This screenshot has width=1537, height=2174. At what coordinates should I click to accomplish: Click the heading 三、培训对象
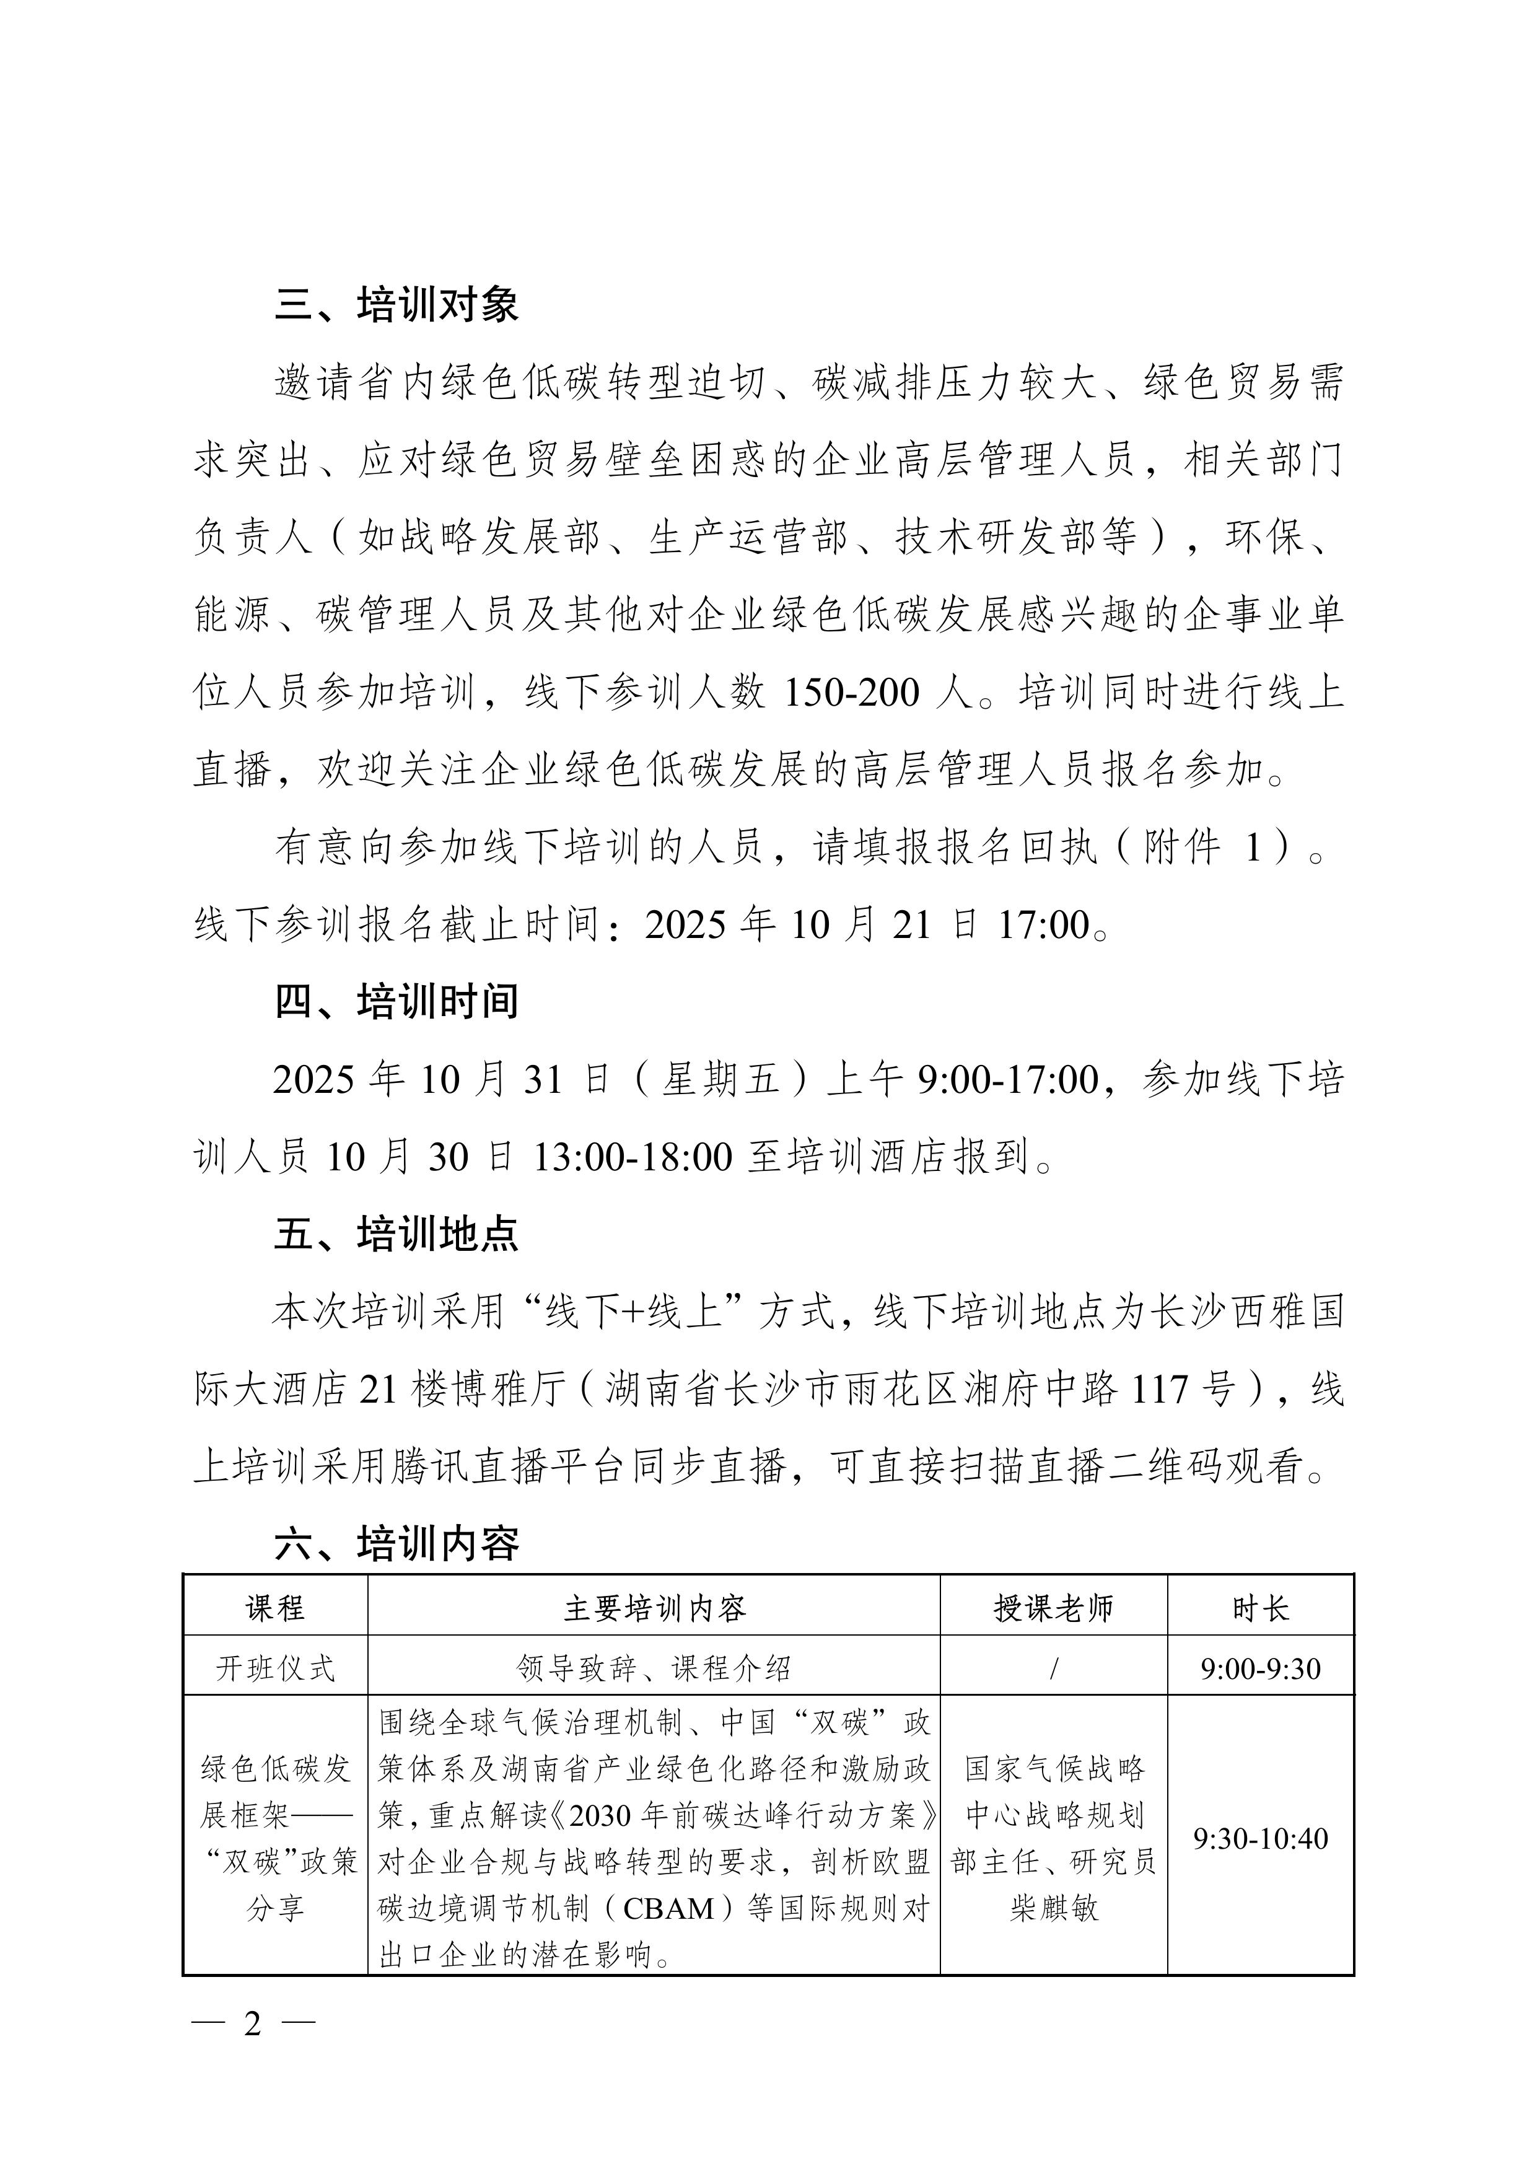click(x=396, y=305)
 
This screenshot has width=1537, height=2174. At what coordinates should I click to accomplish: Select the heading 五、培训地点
click(x=396, y=1234)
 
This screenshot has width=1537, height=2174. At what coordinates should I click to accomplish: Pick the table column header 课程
click(x=274, y=1608)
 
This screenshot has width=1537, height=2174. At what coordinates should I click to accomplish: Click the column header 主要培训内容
click(x=654, y=1608)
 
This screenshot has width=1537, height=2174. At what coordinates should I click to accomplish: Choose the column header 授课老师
click(x=1053, y=1608)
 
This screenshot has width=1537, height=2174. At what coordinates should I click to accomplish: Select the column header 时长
click(x=1261, y=1608)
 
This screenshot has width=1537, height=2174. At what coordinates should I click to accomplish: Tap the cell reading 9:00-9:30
click(x=1261, y=1668)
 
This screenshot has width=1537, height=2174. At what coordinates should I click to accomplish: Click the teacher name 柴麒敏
click(x=1053, y=1908)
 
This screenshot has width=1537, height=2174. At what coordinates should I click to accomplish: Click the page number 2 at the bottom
click(x=252, y=2023)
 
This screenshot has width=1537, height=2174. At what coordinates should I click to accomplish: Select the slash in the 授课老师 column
click(x=1053, y=1668)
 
